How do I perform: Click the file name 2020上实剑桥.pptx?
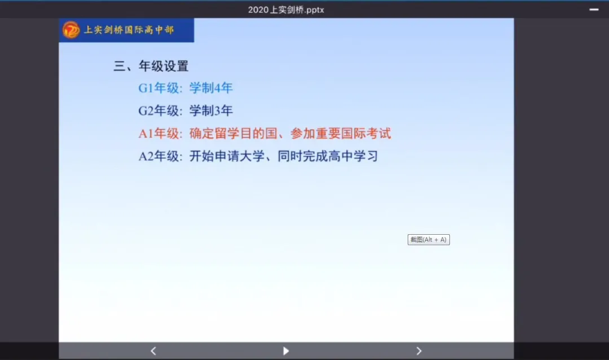286,10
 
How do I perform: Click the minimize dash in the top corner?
594,10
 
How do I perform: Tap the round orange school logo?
71,30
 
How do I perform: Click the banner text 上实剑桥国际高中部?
129,30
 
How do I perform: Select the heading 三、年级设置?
151,66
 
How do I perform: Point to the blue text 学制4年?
211,88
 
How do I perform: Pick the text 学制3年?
211,111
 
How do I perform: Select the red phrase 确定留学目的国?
233,133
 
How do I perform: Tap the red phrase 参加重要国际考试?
341,133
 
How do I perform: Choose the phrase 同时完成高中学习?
328,156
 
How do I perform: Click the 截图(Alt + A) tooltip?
429,239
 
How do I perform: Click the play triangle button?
286,351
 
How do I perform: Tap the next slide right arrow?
418,351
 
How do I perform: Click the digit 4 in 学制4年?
218,88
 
